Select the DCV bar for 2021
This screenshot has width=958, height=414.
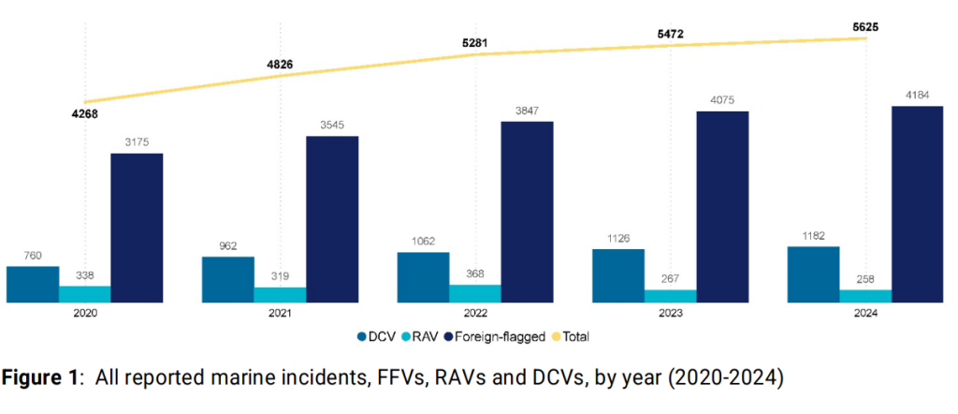227,279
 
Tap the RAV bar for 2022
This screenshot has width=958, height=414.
475,293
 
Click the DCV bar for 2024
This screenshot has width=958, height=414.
813,274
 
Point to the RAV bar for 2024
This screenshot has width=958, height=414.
865,296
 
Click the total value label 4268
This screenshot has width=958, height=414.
84,115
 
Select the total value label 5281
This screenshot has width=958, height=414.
475,41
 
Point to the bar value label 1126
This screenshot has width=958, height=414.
617,238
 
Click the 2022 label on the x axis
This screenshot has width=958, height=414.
475,317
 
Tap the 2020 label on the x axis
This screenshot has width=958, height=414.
84,317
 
